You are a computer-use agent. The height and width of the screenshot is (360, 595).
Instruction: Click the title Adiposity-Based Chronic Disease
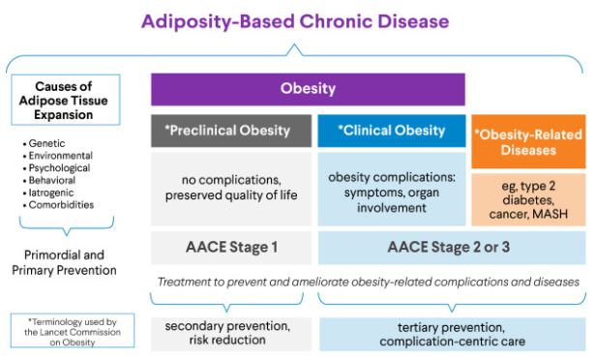tap(296, 20)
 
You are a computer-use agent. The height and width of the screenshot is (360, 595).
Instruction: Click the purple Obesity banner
tap(308, 89)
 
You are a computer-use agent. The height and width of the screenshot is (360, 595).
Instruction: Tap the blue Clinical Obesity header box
tap(391, 130)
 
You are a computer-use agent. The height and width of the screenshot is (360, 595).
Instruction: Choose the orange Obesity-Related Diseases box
tap(528, 141)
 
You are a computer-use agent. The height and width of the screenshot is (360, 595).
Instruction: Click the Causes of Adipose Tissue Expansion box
tap(61, 101)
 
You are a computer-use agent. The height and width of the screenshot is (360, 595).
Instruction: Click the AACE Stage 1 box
tap(231, 247)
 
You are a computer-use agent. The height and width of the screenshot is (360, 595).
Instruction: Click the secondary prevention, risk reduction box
tap(231, 333)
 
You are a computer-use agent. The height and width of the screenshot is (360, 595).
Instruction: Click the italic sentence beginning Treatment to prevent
tap(368, 282)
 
